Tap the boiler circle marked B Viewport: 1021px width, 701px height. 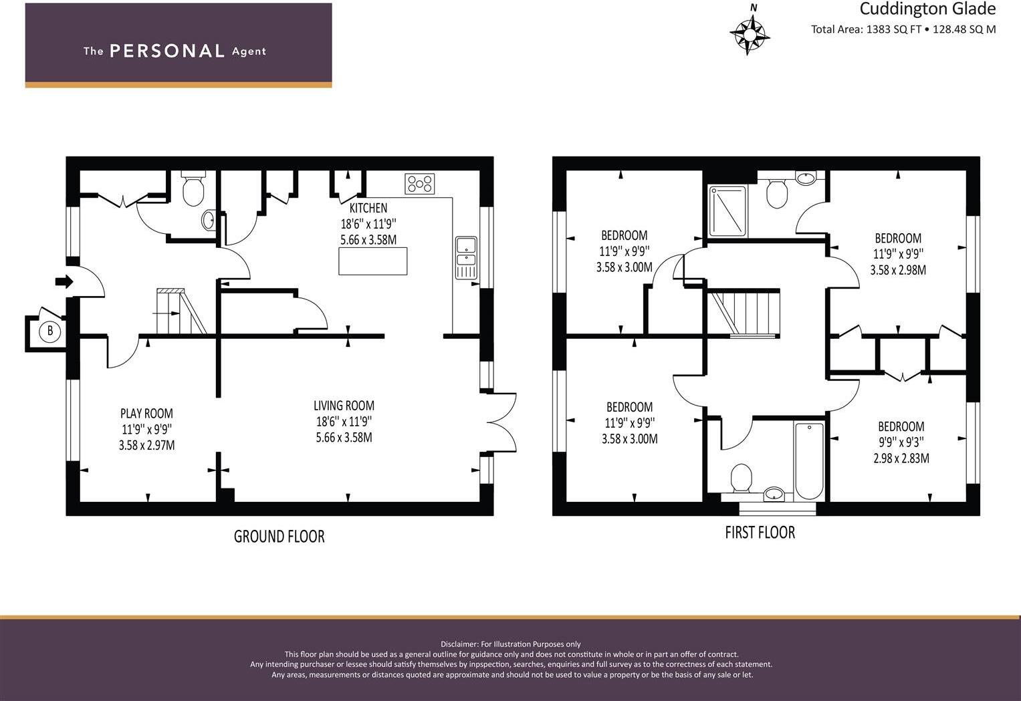click(49, 331)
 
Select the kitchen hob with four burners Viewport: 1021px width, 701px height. click(419, 184)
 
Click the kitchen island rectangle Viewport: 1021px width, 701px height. click(372, 261)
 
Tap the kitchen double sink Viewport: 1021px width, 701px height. click(465, 257)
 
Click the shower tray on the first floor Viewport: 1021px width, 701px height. click(727, 211)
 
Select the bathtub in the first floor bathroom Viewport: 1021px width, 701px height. click(808, 460)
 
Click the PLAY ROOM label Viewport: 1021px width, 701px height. click(146, 414)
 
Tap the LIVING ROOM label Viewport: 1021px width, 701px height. click(344, 406)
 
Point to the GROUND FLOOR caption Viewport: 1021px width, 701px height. click(279, 536)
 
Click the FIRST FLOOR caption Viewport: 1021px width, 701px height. click(760, 533)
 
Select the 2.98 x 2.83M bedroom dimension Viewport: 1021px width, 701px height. click(901, 458)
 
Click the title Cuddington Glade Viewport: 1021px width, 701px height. click(927, 9)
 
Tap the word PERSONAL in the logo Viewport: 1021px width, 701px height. click(166, 51)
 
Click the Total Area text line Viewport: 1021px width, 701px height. click(903, 29)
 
